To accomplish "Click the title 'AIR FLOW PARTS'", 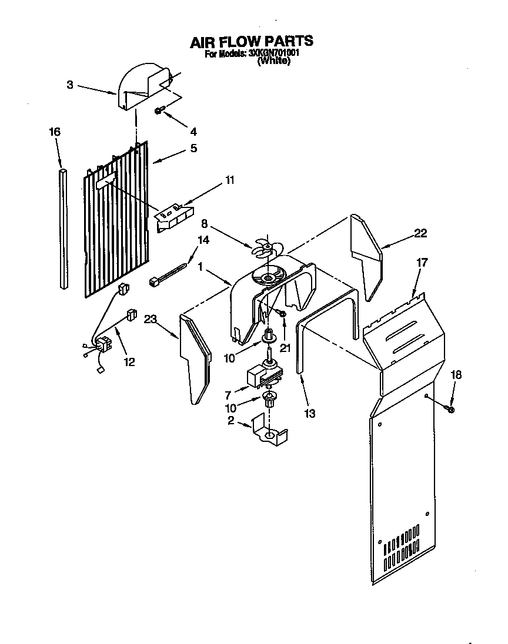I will pyautogui.click(x=251, y=42).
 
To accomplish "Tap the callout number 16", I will pyautogui.click(x=54, y=132).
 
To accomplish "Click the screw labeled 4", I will pyautogui.click(x=158, y=110).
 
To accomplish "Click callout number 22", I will pyautogui.click(x=420, y=233).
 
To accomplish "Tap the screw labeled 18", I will pyautogui.click(x=450, y=407).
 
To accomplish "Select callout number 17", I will pyautogui.click(x=422, y=263).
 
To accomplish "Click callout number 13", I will pyautogui.click(x=310, y=414).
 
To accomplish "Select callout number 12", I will pyautogui.click(x=128, y=362).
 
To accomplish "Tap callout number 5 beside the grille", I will pyautogui.click(x=193, y=148).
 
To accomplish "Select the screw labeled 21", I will pyautogui.click(x=282, y=315).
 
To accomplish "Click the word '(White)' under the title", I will pyautogui.click(x=273, y=61).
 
